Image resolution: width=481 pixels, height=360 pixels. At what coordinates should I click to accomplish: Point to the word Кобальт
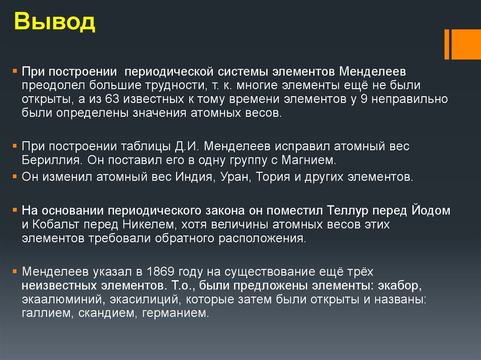tap(53, 224)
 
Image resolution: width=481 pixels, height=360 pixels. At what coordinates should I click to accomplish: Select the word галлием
tap(45, 313)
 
